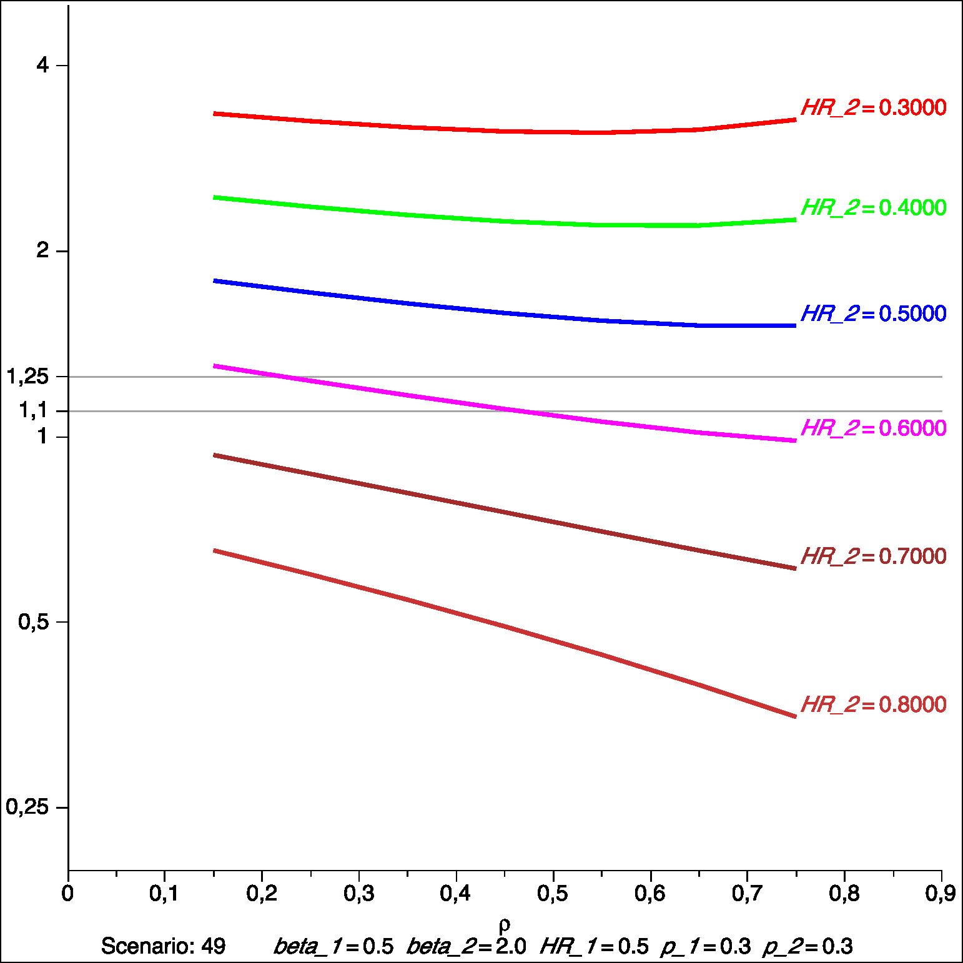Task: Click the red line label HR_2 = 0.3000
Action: [x=873, y=108]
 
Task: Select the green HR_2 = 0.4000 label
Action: [x=873, y=208]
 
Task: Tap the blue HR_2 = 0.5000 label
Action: [x=873, y=314]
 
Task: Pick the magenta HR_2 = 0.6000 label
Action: [x=873, y=428]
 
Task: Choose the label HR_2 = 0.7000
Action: [x=873, y=556]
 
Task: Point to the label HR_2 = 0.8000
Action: [x=873, y=705]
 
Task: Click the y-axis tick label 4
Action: [x=42, y=65]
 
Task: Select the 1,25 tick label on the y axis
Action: [x=27, y=377]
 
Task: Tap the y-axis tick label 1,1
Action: [x=34, y=410]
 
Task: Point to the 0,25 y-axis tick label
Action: [x=27, y=807]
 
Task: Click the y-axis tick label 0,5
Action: [x=34, y=622]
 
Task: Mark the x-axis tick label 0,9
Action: [x=941, y=894]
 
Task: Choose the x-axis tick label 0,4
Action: [x=455, y=894]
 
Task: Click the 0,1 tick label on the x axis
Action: [x=164, y=894]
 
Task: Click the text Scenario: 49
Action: [x=163, y=947]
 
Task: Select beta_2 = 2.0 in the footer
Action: [x=467, y=947]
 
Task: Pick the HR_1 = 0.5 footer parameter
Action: [x=595, y=947]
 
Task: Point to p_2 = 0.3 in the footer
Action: [x=807, y=947]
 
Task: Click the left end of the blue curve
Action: [x=215, y=281]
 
